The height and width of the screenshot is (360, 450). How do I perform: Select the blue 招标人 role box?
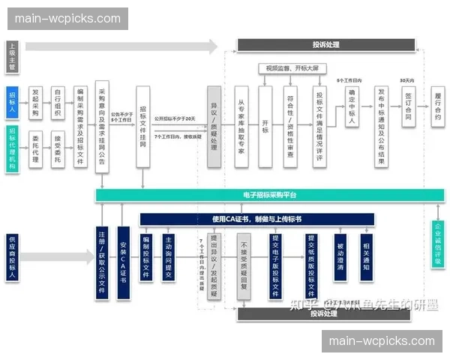(x=12, y=102)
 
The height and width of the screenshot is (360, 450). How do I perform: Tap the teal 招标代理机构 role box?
(x=12, y=150)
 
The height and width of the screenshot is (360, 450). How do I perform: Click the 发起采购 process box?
(x=34, y=102)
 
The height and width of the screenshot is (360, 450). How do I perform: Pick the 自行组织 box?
(x=58, y=102)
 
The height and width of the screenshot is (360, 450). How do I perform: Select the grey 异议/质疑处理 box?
(x=214, y=126)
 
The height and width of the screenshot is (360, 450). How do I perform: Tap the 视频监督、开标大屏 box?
(x=292, y=69)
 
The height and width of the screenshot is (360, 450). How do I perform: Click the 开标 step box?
(x=265, y=126)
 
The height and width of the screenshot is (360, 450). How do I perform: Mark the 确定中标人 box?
(x=351, y=106)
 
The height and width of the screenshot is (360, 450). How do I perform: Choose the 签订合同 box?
(x=408, y=106)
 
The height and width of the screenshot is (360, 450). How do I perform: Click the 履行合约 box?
(x=438, y=106)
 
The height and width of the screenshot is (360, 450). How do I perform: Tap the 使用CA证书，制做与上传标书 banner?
(x=256, y=218)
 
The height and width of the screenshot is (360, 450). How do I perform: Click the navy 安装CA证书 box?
(x=124, y=257)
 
